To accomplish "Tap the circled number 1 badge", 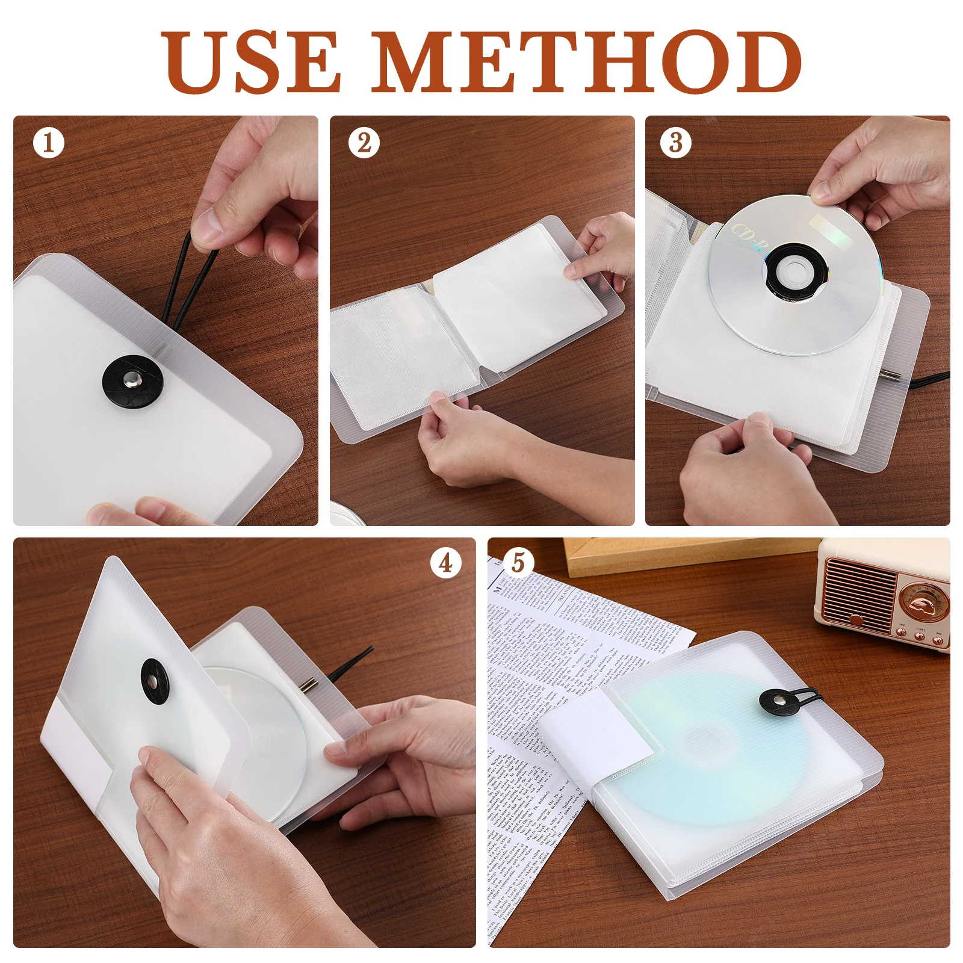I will tap(49, 143).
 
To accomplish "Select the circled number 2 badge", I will tap(364, 143).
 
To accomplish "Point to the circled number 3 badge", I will tap(676, 143).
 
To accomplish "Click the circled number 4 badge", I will tap(445, 563).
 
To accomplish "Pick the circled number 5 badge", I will tap(519, 563).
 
